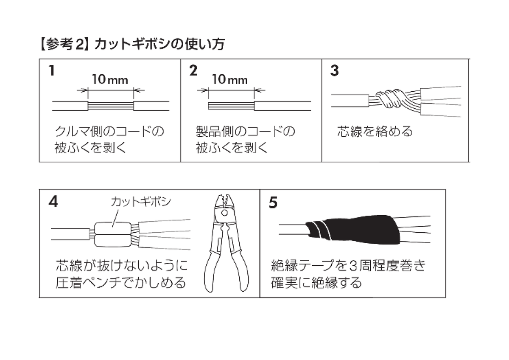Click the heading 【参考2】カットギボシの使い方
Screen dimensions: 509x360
tap(132, 44)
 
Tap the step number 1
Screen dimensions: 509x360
tap(52, 70)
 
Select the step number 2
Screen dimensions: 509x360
tap(193, 70)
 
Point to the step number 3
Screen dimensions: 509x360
tap(335, 70)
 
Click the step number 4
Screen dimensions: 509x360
tap(53, 202)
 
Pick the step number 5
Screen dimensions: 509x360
tap(273, 202)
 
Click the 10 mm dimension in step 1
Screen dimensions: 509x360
tap(110, 79)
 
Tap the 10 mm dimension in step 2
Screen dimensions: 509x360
tap(229, 79)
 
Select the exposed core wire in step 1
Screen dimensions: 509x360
tap(110, 106)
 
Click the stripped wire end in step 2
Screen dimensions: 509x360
tap(231, 106)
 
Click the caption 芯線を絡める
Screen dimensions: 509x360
tap(375, 132)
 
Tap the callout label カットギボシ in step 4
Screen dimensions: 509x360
tap(141, 202)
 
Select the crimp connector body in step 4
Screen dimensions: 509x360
tap(113, 234)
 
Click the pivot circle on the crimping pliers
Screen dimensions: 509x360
tap(224, 213)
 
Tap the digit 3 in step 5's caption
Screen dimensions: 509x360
tap(353, 266)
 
